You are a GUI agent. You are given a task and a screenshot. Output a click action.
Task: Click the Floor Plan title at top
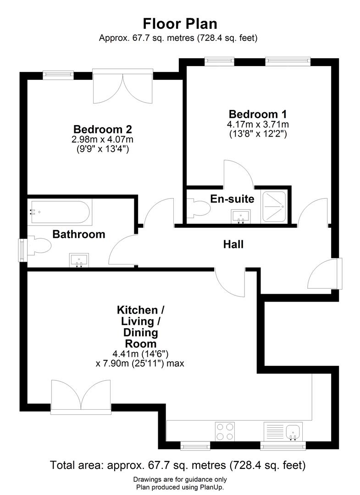click(x=180, y=23)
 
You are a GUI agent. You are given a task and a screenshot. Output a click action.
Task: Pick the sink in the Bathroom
click(x=79, y=260)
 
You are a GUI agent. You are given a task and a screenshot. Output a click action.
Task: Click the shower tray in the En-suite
click(x=275, y=207)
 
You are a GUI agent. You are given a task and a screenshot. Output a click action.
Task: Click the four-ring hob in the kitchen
click(x=225, y=431)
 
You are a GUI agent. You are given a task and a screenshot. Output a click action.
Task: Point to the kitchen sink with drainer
click(x=283, y=431)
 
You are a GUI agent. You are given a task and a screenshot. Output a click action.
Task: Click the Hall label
click(x=233, y=244)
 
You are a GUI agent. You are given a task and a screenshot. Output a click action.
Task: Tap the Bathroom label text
click(x=78, y=234)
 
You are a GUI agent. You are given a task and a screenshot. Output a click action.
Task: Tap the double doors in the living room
click(x=81, y=396)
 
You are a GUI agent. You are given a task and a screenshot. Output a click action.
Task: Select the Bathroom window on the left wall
click(x=22, y=250)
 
